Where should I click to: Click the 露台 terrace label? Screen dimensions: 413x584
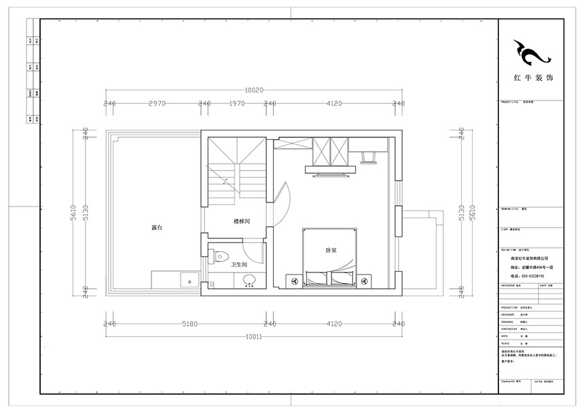[156, 227]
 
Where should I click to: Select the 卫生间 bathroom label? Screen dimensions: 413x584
[238, 264]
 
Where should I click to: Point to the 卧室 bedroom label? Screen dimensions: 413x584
[332, 251]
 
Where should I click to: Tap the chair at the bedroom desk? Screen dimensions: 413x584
[370, 158]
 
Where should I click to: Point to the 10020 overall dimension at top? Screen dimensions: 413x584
[253, 90]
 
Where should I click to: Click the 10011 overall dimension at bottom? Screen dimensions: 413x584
[254, 336]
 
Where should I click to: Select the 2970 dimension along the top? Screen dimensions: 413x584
[157, 103]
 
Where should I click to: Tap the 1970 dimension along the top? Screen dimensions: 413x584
[236, 103]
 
